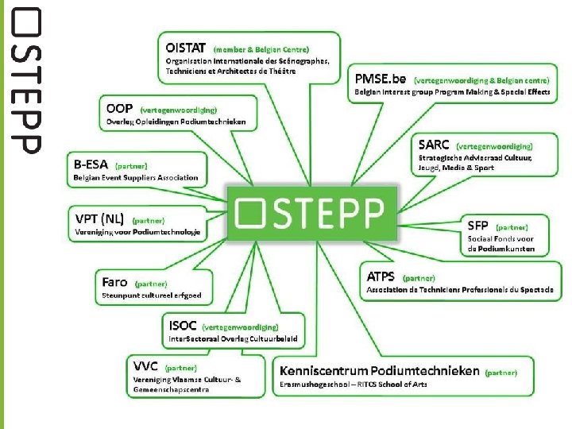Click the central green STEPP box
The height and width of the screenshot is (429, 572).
(311, 212)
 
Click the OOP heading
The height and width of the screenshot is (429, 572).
(120, 108)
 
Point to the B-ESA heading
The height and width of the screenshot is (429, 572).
(91, 164)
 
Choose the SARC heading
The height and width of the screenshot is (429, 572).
(434, 145)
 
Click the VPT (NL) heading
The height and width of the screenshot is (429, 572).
(99, 218)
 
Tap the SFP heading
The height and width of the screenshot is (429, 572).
(477, 226)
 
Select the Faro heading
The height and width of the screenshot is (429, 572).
(115, 282)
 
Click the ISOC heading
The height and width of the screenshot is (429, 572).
(182, 325)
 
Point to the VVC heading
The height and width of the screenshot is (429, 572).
(145, 366)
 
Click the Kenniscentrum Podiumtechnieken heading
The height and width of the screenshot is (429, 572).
(380, 370)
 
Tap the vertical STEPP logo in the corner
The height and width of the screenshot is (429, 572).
(25, 79)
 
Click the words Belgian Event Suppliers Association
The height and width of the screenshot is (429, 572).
(136, 178)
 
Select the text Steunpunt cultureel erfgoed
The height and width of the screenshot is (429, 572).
(152, 296)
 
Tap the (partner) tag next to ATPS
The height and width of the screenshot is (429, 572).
(419, 279)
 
